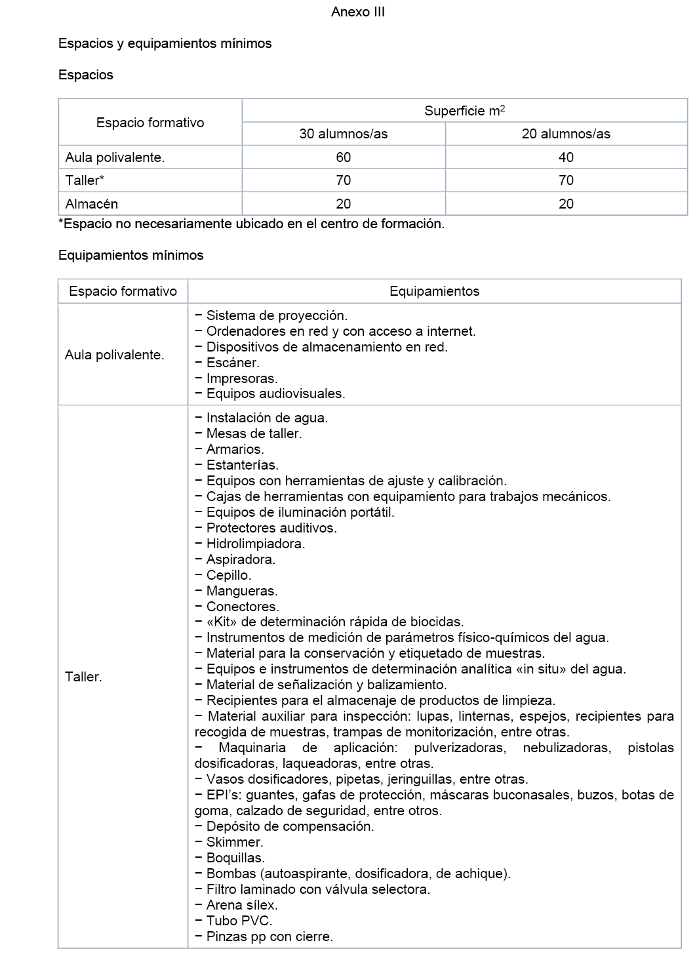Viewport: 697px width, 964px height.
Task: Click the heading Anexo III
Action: pos(357,12)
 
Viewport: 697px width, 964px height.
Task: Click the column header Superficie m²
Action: pos(464,111)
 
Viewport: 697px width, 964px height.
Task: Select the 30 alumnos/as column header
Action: pos(343,134)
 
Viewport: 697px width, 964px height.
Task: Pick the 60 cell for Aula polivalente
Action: pos(343,157)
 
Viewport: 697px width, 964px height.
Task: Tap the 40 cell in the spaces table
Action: pos(566,157)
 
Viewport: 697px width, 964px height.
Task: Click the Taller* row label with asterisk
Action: pos(85,180)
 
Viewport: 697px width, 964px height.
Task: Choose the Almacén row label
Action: pos(92,204)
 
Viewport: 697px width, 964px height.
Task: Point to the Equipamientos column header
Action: pos(434,291)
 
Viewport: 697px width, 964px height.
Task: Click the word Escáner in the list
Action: pos(233,363)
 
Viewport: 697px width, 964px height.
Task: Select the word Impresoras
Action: pos(242,378)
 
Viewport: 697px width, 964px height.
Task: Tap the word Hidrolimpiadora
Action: pos(256,544)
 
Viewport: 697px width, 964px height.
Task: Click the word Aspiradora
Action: pos(241,559)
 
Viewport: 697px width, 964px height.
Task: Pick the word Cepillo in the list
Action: pos(228,575)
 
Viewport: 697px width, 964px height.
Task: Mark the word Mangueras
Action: pos(242,591)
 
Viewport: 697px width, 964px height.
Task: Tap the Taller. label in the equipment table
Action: pos(83,677)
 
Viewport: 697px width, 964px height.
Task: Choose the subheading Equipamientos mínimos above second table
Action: pos(131,255)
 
